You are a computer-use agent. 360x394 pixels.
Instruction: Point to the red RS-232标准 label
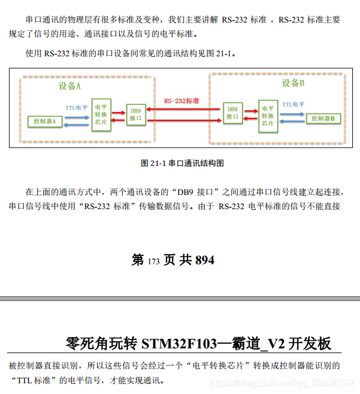(181, 101)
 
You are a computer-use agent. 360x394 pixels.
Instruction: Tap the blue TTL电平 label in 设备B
(293, 104)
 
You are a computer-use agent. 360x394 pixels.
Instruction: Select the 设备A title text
(69, 87)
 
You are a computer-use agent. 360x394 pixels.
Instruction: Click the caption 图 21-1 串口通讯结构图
(181, 163)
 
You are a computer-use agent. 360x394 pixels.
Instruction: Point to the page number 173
(154, 261)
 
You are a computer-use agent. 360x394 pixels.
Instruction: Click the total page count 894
(205, 260)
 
